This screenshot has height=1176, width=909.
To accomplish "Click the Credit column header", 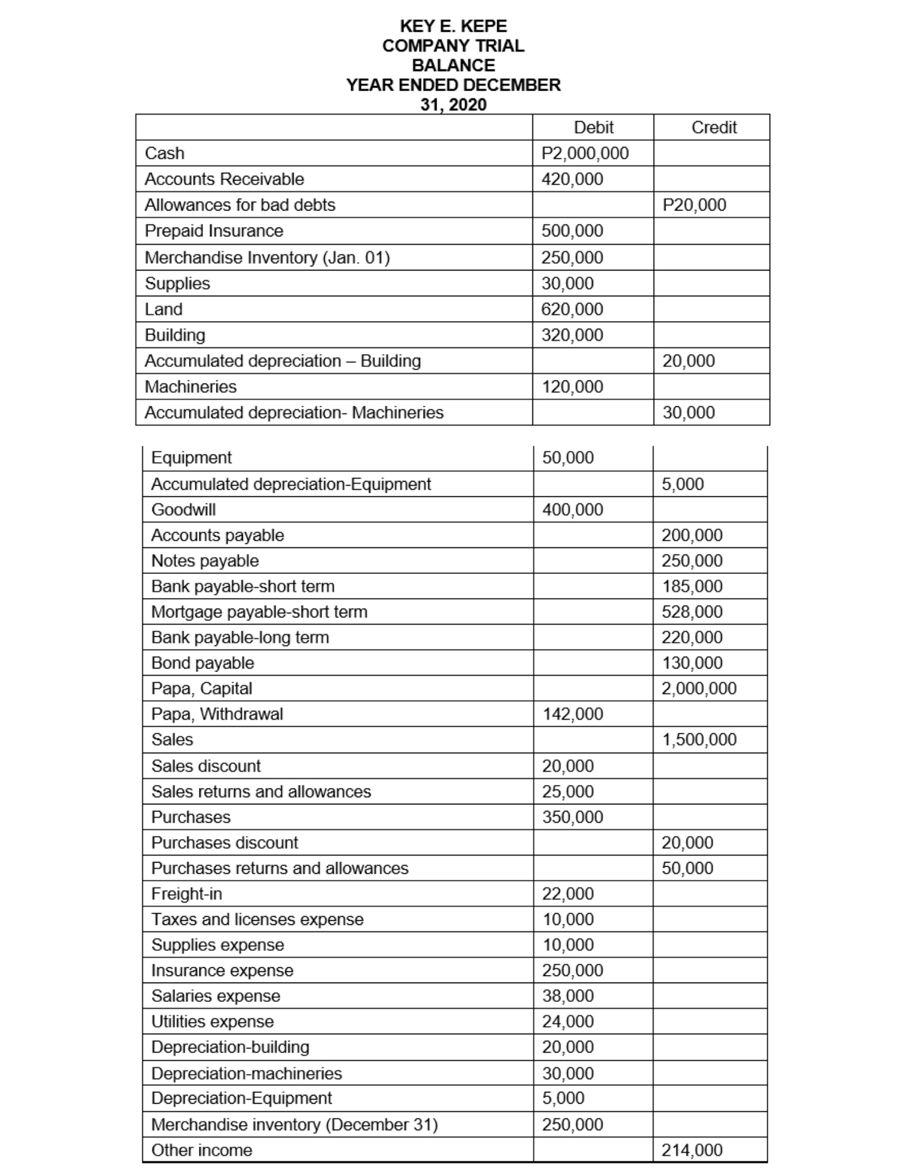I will coord(713,127).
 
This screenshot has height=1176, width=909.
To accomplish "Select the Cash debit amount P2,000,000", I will coord(585,153).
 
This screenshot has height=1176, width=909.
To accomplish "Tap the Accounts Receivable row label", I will coord(224,179).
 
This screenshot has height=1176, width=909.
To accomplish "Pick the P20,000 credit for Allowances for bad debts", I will coord(694,205).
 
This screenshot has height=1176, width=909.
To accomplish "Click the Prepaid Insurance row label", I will coord(214,230).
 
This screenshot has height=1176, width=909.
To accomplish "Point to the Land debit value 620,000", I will coord(572,309).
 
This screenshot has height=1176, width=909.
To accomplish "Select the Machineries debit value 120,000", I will coord(572,386).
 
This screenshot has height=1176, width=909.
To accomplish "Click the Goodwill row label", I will coord(184,509).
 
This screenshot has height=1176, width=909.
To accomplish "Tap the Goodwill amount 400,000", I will coord(572,509).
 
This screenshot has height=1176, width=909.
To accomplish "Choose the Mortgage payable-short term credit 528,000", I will coord(691,612).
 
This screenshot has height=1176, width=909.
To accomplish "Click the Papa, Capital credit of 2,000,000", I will coord(698,688).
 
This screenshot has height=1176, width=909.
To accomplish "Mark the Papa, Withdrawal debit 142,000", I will coord(572,714).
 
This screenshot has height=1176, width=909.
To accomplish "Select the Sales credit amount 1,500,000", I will coord(698,739).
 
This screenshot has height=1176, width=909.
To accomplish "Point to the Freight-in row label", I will coord(187,894).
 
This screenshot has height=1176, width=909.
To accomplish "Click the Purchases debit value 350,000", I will coord(572,817).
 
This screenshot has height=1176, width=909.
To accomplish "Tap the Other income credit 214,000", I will coord(691,1150).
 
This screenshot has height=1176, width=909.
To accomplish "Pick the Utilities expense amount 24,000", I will coord(567,1021).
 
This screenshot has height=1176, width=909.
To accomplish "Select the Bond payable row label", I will coord(202,663).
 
